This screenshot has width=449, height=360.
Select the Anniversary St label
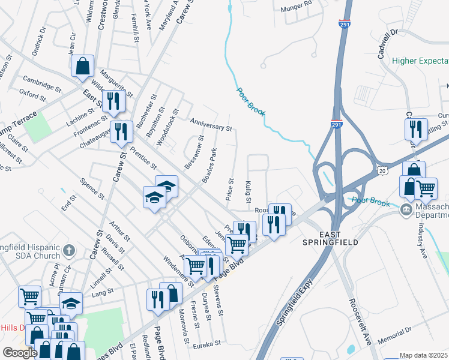(x=211, y=124)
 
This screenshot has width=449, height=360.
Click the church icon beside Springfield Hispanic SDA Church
(x=69, y=250)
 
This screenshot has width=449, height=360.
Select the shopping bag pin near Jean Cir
(x=83, y=65)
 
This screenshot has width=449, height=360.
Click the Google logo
(x=20, y=352)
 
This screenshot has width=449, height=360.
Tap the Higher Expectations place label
(x=420, y=61)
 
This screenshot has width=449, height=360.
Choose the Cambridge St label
(x=42, y=82)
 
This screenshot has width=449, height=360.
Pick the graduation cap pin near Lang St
(x=71, y=303)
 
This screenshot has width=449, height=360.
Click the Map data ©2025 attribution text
(x=424, y=355)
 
